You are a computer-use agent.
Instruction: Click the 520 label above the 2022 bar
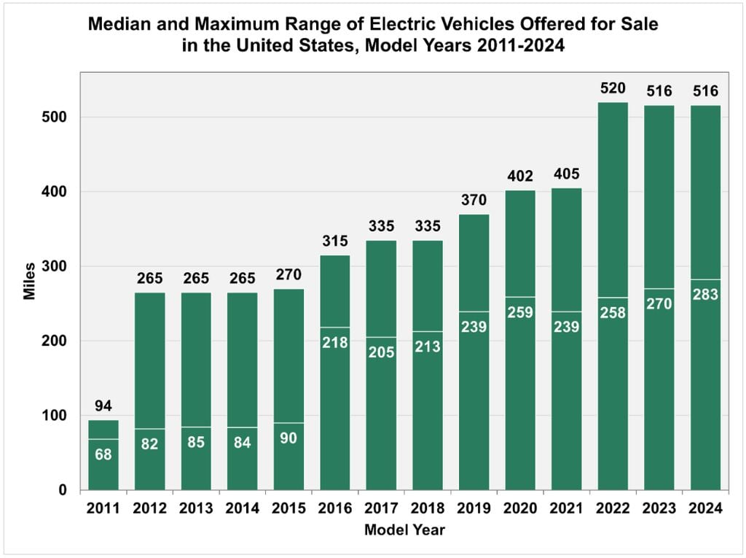[613, 88]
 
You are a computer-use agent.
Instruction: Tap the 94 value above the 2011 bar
[103, 406]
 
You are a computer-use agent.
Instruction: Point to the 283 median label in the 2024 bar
[705, 295]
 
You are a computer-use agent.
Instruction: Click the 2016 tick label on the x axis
[335, 509]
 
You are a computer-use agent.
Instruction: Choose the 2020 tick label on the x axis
[520, 509]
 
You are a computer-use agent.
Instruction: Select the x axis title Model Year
[404, 530]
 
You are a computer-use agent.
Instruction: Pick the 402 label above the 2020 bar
[520, 176]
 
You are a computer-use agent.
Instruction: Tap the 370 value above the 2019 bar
[474, 200]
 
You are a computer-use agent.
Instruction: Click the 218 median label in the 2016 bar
[335, 342]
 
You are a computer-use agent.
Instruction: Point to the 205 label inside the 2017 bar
[381, 352]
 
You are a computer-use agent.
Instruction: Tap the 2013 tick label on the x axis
[196, 509]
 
